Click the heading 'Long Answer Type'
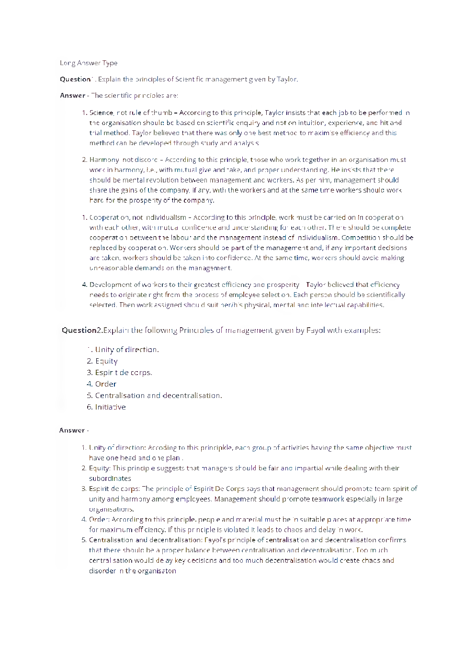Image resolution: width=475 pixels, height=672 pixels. pos(89,63)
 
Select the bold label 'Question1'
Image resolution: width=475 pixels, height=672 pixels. pos(77,79)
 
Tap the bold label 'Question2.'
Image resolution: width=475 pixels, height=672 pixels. pos(82,330)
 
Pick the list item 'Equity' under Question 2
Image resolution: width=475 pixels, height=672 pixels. pos(106,361)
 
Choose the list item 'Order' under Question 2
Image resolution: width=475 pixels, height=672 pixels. pos(105,384)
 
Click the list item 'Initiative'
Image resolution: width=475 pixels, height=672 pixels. pos(110,407)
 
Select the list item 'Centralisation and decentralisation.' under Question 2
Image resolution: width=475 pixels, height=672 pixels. pos(158,396)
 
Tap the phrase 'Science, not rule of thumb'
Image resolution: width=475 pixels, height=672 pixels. pos(130,113)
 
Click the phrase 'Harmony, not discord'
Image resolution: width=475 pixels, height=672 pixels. pos(123,159)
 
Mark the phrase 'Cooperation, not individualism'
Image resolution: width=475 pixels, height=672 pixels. pos(137,217)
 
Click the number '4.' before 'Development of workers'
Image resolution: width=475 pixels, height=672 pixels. pos(84,285)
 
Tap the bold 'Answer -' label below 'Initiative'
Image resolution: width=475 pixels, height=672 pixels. pos(74,430)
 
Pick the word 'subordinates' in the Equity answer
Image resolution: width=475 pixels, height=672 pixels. pos(110,478)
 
